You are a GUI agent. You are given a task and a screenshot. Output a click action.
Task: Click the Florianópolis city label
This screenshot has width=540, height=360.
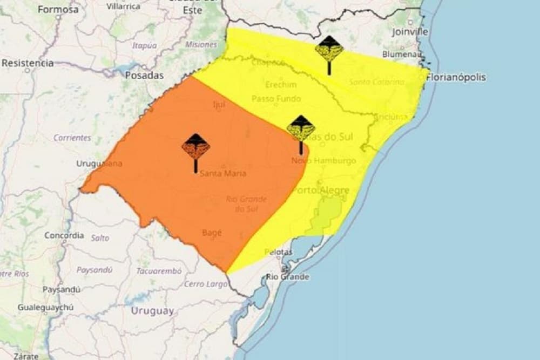coord(456,77)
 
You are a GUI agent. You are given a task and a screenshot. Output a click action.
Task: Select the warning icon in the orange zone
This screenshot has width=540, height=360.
coord(195,149)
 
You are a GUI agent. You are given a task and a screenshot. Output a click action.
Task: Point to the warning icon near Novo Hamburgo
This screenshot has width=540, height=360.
coord(301,131)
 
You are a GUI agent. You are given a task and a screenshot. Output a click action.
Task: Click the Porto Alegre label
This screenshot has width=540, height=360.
coord(321,191)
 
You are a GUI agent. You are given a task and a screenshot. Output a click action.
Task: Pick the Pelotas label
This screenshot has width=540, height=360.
coord(279,252)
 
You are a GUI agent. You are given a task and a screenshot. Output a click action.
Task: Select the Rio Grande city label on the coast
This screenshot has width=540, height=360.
coord(288,277)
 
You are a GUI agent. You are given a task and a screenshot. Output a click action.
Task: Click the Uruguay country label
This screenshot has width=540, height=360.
coord(152,311)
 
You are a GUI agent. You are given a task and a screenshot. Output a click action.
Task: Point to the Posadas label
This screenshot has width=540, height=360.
coord(144,76)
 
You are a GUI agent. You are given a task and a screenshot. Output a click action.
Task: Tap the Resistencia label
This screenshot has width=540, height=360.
coord(28,63)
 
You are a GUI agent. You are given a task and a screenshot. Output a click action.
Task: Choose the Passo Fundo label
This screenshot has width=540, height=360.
coord(276,99)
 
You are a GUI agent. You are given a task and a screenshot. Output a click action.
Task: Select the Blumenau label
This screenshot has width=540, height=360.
coord(402,54)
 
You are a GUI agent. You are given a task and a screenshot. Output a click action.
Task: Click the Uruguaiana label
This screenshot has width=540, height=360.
coord(99,164)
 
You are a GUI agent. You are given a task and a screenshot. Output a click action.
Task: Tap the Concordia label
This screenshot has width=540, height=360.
coord(64,235)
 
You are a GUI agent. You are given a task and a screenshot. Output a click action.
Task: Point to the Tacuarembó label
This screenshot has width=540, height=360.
coord(159,271)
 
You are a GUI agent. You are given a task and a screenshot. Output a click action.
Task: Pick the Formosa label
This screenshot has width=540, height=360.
coord(58,9)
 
